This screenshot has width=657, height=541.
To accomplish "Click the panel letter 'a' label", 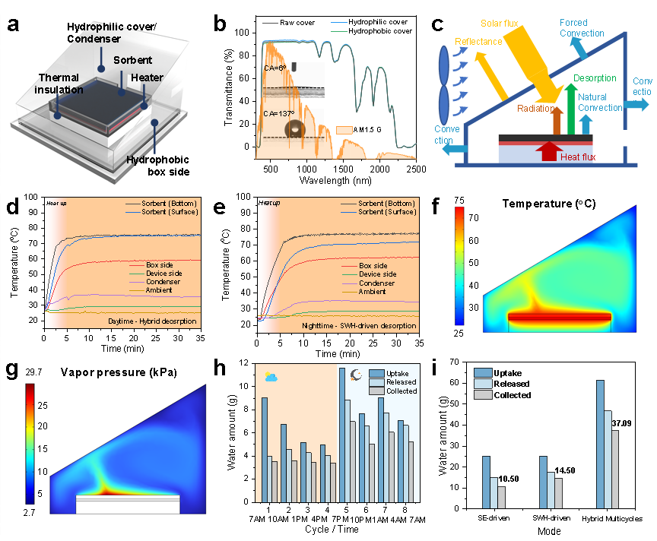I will click(x=13, y=24).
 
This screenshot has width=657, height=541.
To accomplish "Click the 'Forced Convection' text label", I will click(x=582, y=28).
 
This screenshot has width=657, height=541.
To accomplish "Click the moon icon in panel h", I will click(x=354, y=375).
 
